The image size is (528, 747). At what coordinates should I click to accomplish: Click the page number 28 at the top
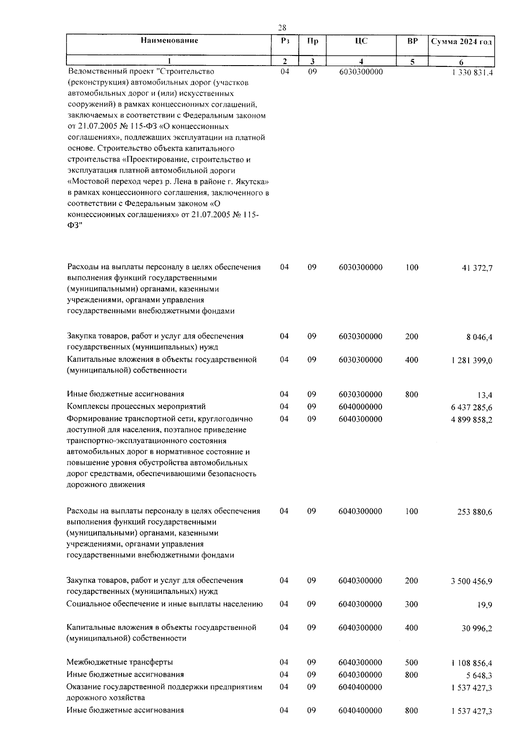[282, 28]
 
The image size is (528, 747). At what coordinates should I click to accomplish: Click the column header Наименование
[169, 40]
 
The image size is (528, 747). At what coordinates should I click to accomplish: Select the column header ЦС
[361, 41]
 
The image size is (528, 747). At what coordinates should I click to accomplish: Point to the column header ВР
[412, 41]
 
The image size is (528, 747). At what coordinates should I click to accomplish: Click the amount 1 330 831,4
[472, 73]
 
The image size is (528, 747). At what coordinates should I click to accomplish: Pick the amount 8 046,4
[479, 337]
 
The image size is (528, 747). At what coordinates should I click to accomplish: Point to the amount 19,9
[484, 605]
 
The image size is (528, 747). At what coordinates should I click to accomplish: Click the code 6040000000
[360, 407]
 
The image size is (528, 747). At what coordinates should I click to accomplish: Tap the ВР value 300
[411, 604]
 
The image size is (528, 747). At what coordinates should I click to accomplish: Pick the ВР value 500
[411, 662]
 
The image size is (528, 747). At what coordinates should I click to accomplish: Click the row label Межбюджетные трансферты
[120, 662]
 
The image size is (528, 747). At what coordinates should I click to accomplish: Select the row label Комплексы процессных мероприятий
[136, 406]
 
